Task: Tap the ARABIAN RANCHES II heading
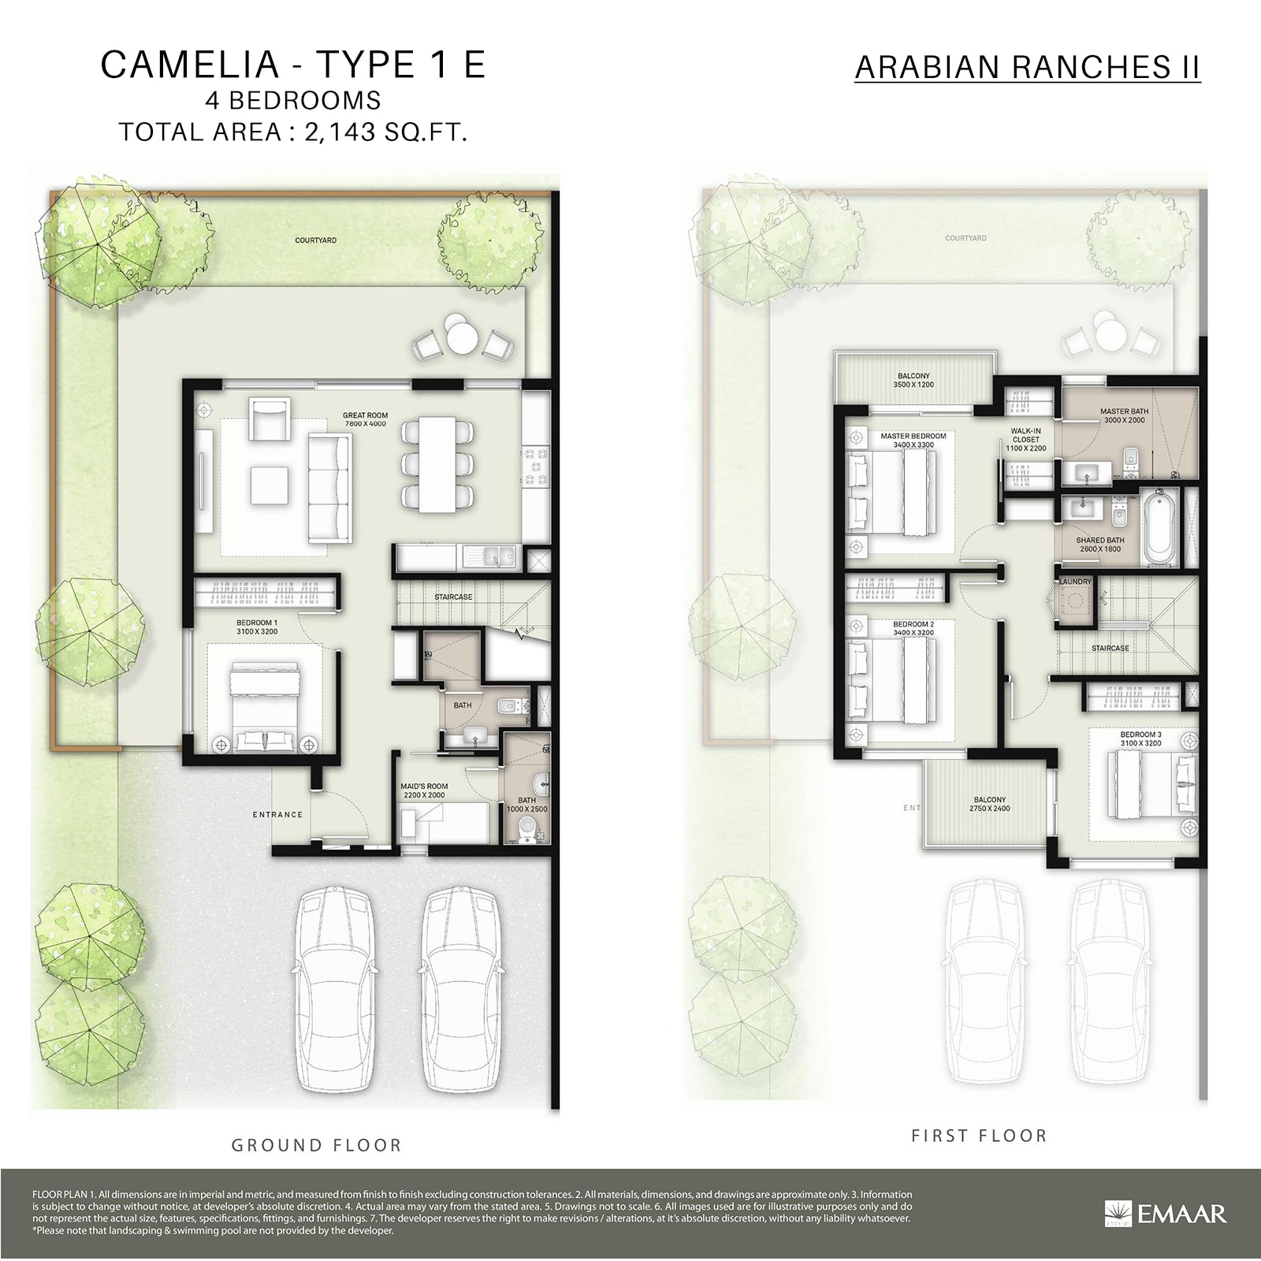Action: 1027,68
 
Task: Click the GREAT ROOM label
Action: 365,415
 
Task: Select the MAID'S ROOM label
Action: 424,787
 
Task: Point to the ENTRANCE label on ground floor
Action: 277,815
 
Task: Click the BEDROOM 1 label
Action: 256,623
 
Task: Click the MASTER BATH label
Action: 1124,411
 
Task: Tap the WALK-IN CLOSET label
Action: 1026,435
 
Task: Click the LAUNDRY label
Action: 1075,582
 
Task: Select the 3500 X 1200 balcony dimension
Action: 913,385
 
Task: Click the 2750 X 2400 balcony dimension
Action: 990,809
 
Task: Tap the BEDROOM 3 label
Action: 1140,735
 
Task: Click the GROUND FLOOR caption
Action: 316,1145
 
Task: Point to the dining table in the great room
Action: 438,463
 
